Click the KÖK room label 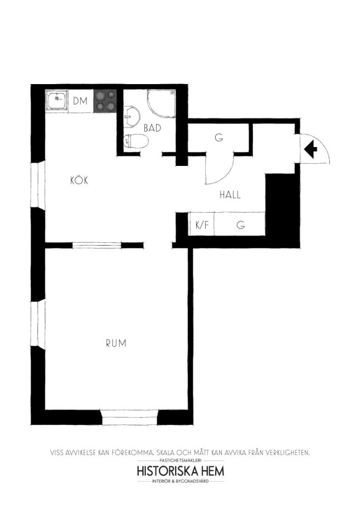coord(79,180)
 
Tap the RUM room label coord(116,343)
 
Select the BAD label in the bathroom coord(152,128)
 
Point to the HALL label coord(230,195)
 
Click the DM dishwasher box coord(81,101)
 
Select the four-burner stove coord(105,101)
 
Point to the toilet coord(136,141)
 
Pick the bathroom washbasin coord(132,116)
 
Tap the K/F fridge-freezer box coord(201,224)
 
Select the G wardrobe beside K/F coord(240,224)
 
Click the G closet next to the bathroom coord(218,138)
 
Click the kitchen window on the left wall coord(38,184)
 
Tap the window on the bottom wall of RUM coord(130,418)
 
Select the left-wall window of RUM coord(38,324)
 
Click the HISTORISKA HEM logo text coord(181,471)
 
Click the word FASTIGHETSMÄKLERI coord(181,461)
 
